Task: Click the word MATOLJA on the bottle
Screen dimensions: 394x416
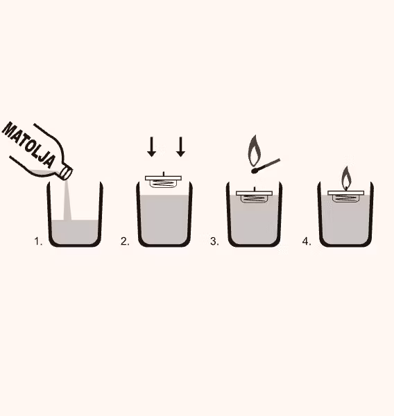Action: click(29, 145)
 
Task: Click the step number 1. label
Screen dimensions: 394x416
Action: click(38, 241)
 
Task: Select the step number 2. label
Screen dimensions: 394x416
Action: click(125, 241)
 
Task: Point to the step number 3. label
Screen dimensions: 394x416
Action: click(214, 241)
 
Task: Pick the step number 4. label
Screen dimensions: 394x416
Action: click(307, 241)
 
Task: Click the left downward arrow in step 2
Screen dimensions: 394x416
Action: click(152, 147)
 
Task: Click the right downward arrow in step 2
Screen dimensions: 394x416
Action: click(181, 147)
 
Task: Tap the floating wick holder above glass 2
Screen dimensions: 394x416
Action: click(163, 181)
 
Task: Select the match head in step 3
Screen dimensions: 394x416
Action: click(254, 171)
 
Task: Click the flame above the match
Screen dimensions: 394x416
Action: click(255, 150)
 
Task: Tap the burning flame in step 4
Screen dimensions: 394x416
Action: click(345, 177)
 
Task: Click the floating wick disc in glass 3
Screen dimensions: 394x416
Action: click(255, 196)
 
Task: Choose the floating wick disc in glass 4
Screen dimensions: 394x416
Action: click(345, 196)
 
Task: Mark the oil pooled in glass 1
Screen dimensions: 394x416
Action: click(75, 232)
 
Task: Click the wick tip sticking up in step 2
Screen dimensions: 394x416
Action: click(164, 174)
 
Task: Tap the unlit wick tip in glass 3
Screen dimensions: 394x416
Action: click(255, 189)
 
